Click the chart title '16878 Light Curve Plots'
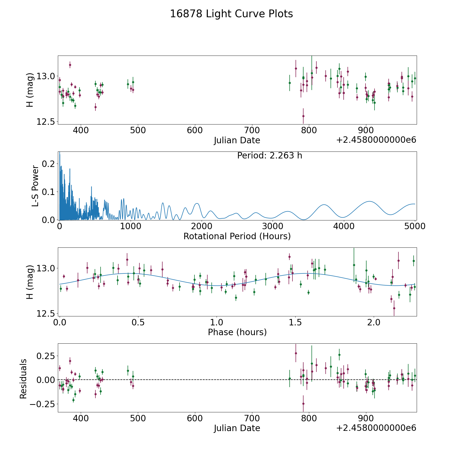point(231,14)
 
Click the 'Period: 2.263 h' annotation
point(270,156)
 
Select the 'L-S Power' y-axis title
point(35,186)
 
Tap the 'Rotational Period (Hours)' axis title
point(237,236)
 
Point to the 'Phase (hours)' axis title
point(237,332)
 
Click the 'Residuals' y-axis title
point(23,379)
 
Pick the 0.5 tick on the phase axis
point(138,322)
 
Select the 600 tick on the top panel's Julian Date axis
point(195,130)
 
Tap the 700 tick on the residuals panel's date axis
point(252,418)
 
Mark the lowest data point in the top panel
point(303,116)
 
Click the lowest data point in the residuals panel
point(303,404)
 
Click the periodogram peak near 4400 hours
point(370,201)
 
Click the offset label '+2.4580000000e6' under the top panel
point(376,140)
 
